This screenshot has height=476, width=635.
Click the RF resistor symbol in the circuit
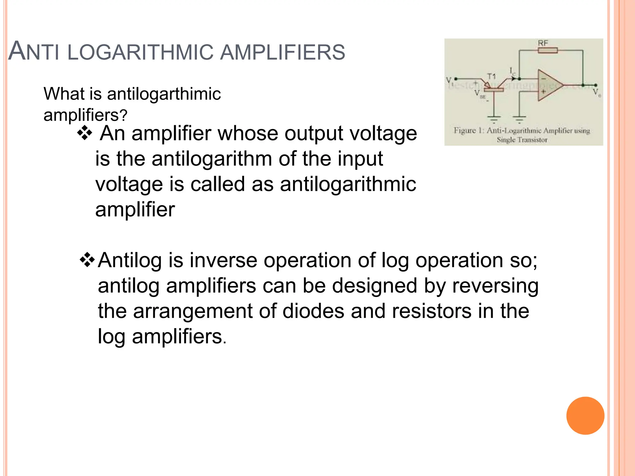tap(548, 50)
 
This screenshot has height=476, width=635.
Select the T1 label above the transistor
tap(491, 76)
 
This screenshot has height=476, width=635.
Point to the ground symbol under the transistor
tap(494, 119)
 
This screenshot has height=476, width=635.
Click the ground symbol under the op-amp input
tap(519, 119)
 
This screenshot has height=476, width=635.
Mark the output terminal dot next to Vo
tap(595, 85)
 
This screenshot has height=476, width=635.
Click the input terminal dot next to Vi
tap(456, 79)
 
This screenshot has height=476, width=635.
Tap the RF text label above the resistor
tap(543, 43)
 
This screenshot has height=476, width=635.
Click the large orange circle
tap(585, 416)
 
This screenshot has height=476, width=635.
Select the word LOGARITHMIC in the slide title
tap(140, 52)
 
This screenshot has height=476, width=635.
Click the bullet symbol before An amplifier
tap(85, 134)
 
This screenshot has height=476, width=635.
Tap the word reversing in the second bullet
tap(495, 286)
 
